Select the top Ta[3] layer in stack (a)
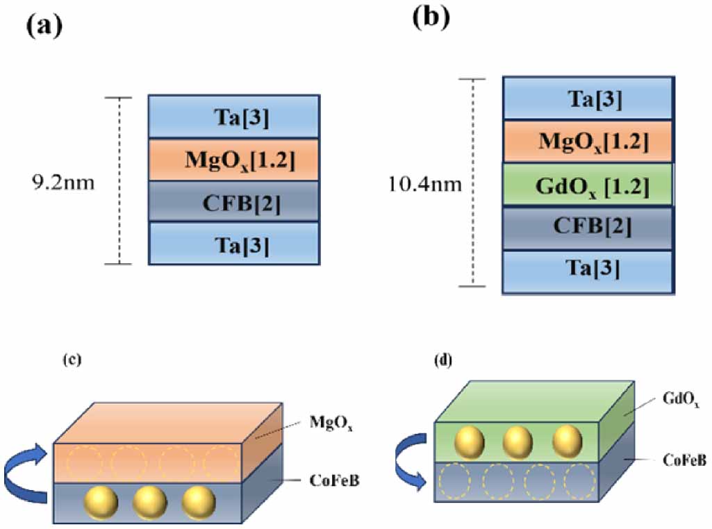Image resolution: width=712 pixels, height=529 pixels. click(x=234, y=116)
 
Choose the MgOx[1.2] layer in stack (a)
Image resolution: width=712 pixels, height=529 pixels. click(x=234, y=159)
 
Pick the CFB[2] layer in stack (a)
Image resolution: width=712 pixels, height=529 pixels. click(x=234, y=201)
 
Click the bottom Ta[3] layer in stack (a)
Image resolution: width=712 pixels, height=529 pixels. click(x=234, y=243)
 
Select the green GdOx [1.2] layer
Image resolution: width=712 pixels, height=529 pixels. click(x=587, y=185)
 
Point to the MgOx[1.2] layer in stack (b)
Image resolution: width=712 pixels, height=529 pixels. click(x=587, y=142)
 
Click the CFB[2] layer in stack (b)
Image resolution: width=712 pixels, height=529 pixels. click(x=587, y=228)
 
